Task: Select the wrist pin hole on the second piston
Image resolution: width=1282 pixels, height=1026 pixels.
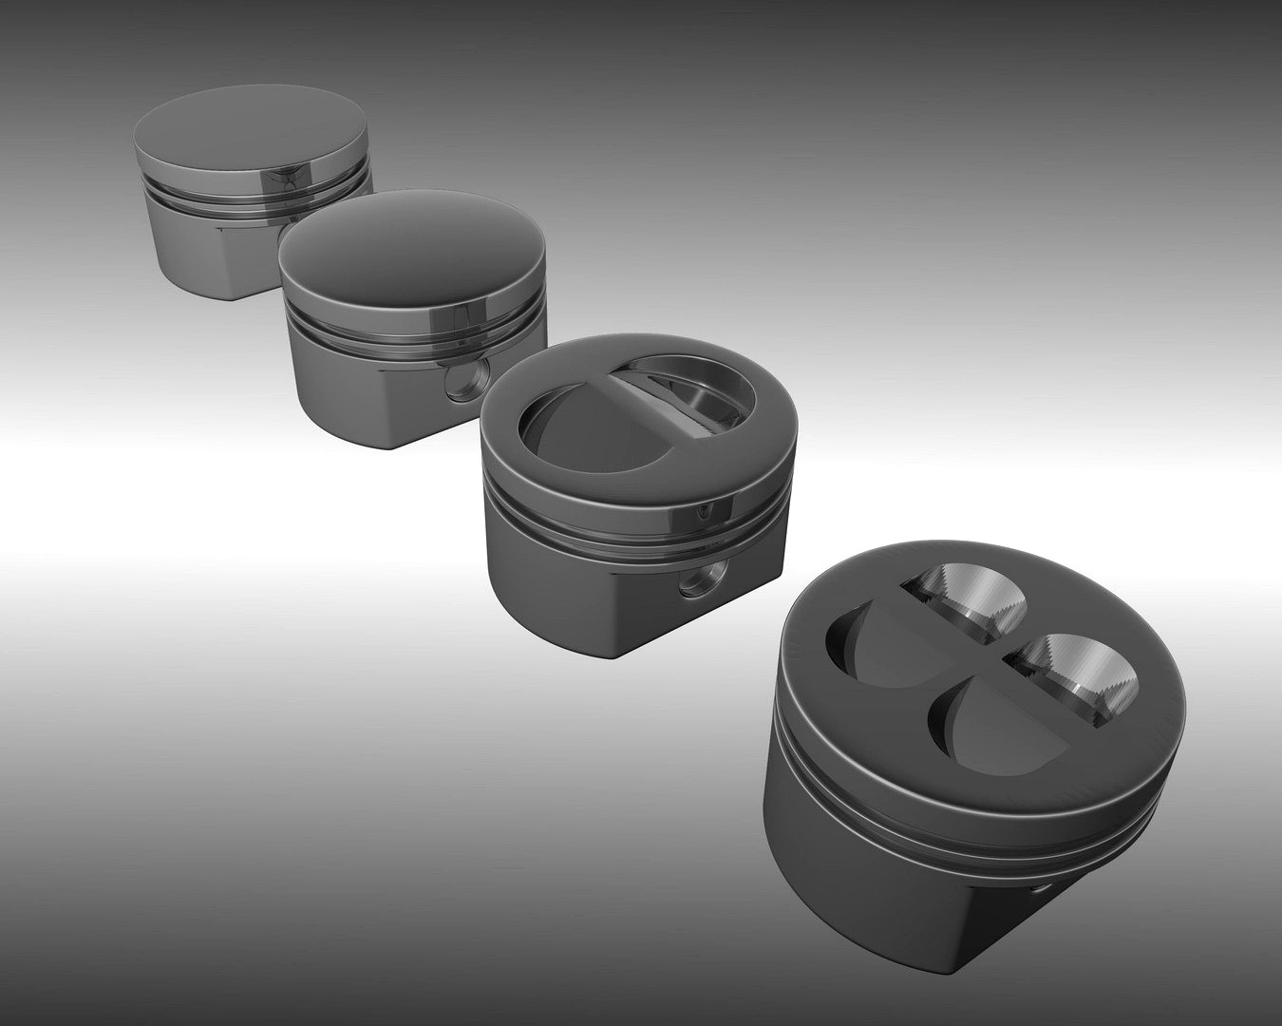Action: coord(465,381)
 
